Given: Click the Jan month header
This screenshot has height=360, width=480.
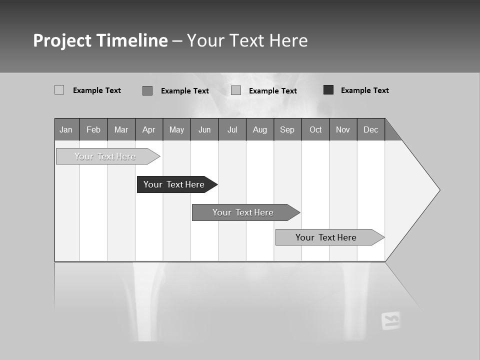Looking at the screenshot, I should [66, 129].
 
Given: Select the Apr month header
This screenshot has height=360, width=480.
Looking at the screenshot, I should [149, 129].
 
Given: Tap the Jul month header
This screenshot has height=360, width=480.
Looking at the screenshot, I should [232, 129].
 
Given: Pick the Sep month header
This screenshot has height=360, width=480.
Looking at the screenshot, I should [287, 129].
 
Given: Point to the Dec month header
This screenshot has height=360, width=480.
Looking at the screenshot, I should [371, 129].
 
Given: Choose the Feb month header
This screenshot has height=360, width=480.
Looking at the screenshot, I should [93, 129].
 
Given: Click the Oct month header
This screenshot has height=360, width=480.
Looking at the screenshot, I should [315, 129].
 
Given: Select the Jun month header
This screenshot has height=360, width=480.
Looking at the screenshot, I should [204, 129].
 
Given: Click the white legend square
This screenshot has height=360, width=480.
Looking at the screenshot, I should [59, 90].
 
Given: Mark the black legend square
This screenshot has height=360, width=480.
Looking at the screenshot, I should [328, 90].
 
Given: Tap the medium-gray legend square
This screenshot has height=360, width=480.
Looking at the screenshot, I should [147, 90].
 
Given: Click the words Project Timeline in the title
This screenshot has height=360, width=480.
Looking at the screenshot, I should [100, 40].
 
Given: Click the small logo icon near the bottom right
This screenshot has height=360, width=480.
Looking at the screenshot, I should [390, 320].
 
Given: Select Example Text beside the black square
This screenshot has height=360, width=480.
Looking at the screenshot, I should [364, 90].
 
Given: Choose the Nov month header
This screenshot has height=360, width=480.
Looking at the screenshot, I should [343, 129].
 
